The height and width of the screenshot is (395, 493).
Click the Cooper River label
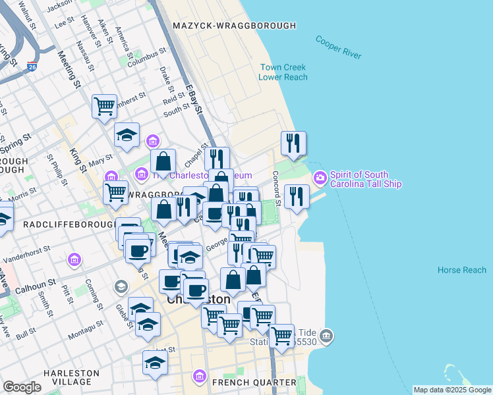(338, 47)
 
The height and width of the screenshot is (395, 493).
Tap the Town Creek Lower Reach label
(283, 72)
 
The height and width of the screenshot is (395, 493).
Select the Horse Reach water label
(462, 270)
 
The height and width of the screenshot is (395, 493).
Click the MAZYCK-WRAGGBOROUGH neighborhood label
(234, 26)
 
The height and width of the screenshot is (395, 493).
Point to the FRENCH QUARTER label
(254, 382)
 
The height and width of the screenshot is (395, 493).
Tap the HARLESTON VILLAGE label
(71, 377)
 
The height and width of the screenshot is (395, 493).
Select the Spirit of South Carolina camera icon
(320, 178)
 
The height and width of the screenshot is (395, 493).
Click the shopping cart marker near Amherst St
(105, 105)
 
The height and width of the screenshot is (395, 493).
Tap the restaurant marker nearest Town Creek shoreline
(293, 142)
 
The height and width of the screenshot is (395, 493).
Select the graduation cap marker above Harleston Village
(156, 362)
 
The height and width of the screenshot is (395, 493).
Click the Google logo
(22, 387)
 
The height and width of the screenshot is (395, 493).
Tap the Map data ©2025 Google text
(452, 390)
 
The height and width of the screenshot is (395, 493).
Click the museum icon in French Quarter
(199, 376)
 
